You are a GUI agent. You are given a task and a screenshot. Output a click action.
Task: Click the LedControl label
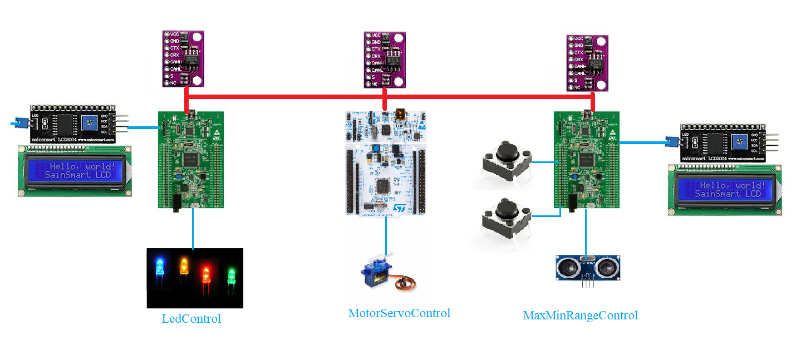191,319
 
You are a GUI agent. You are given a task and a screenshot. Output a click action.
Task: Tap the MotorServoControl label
399,313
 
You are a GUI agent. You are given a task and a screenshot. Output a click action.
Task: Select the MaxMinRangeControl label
580,315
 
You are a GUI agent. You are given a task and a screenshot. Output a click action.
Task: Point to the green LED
232,276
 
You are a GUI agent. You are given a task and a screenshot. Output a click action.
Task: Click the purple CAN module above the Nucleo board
385,59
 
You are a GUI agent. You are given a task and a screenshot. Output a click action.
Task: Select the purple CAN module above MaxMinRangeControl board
587,63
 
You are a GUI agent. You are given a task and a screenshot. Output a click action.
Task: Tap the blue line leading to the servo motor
387,236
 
